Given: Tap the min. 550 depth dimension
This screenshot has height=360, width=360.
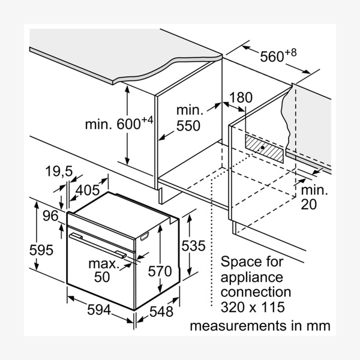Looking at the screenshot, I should pos(189,118).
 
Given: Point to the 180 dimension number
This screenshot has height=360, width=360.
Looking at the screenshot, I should pos(241,97).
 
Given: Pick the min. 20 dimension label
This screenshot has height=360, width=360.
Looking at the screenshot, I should pos(314,197).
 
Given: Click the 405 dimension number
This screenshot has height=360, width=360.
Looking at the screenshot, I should pos(88,191).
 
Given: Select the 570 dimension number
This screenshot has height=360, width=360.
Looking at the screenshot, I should pos(160,271).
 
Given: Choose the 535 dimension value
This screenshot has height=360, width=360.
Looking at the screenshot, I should pos(193,245).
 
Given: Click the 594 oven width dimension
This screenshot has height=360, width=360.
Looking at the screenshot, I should pos(99,310).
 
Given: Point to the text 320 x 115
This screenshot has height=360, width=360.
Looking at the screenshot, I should pos(251,307).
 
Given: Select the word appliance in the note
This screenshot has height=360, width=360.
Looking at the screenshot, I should pos(251,277).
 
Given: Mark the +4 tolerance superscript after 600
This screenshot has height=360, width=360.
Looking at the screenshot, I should pos(147,120).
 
